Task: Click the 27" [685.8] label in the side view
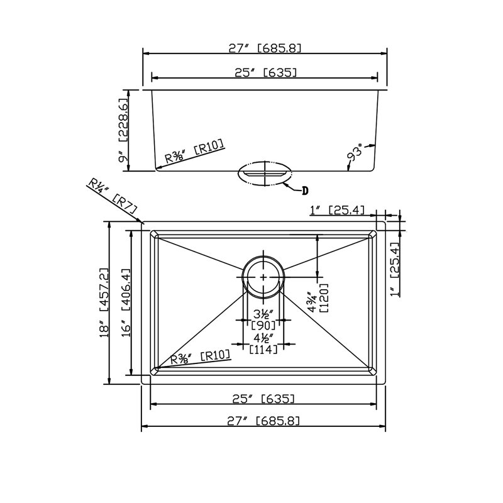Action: click(x=265, y=48)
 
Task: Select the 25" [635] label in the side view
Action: click(x=265, y=72)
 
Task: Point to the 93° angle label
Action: click(x=355, y=153)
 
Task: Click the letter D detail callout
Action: click(x=305, y=191)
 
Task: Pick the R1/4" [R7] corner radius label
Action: click(x=113, y=197)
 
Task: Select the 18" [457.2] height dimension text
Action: click(x=104, y=302)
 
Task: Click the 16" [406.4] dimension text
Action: click(x=126, y=302)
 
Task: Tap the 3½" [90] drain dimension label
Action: click(x=263, y=319)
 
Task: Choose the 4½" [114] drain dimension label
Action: click(x=263, y=343)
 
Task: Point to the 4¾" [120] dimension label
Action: click(x=318, y=298)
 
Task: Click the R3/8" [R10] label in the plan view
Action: click(x=200, y=357)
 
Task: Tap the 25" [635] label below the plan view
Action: click(x=263, y=399)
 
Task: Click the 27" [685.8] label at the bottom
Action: click(x=263, y=421)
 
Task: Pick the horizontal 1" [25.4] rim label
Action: click(x=337, y=210)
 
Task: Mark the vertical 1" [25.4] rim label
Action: click(x=394, y=269)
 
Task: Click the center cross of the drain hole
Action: click(x=263, y=277)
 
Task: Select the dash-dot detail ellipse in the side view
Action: click(x=265, y=174)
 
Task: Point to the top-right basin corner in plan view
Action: click(x=376, y=230)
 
